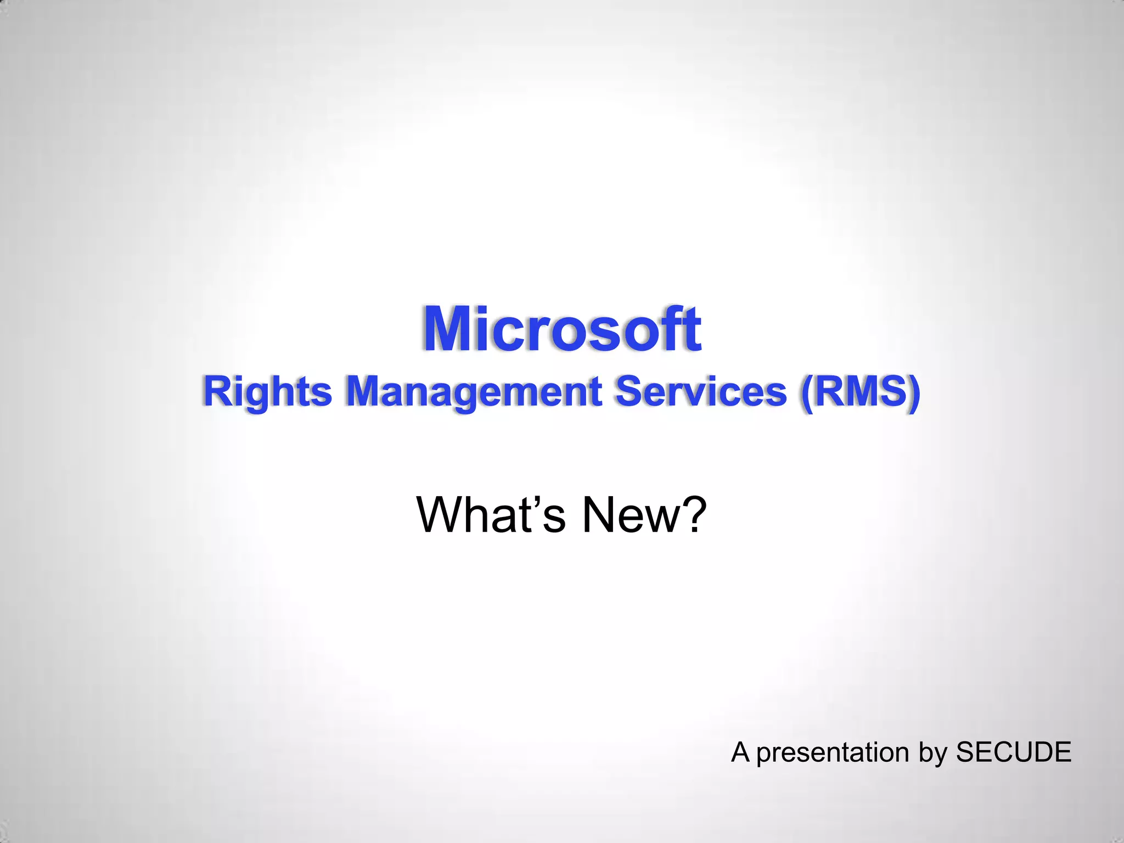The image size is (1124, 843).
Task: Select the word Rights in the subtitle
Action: click(x=267, y=392)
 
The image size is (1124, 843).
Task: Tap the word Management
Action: click(x=474, y=392)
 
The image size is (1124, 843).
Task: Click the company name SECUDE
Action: click(x=1013, y=752)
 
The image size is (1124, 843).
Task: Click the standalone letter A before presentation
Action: click(x=740, y=752)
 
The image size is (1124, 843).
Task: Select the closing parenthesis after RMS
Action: click(x=913, y=392)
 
